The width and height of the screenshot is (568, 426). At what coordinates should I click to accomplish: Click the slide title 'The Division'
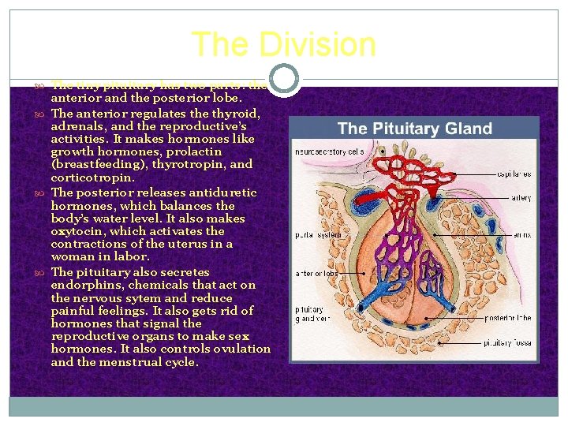283,44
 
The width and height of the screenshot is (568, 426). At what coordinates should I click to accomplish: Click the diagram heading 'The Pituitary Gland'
414,129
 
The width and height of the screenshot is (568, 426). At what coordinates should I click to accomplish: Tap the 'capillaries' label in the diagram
514,174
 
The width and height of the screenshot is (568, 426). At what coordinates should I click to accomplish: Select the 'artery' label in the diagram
521,198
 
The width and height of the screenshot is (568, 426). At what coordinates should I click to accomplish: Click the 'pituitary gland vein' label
308,315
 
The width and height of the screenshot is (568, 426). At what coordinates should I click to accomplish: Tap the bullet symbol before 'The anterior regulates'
41,114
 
